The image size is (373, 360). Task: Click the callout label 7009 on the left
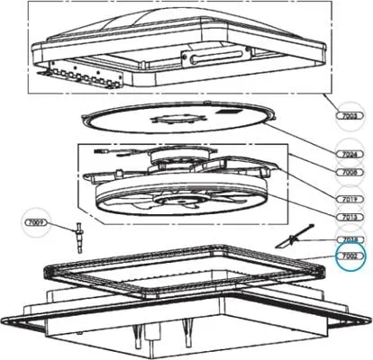pos(34,221)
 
